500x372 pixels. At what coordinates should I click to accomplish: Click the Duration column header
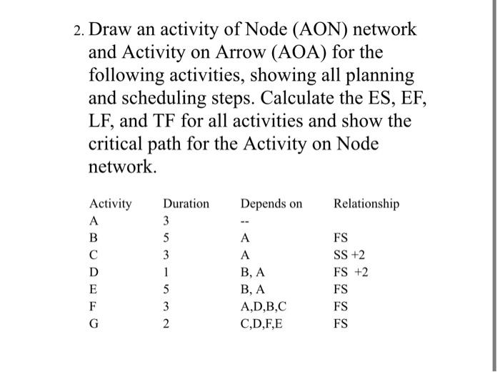[186, 205]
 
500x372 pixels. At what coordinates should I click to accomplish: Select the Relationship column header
[366, 205]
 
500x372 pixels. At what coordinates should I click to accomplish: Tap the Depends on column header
[271, 205]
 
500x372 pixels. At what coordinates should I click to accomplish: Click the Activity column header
[110, 205]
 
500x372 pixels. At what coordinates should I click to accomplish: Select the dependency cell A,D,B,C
[266, 307]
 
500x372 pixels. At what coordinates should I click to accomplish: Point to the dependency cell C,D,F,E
[266, 324]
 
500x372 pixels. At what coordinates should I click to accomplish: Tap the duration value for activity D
[166, 273]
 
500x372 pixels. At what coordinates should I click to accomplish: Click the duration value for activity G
[166, 324]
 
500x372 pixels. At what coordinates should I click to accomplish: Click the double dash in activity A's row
[245, 222]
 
